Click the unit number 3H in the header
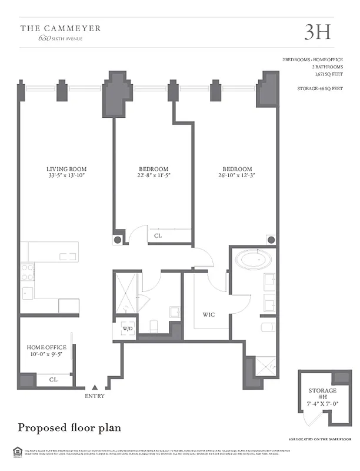(317, 32)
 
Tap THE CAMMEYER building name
(61, 28)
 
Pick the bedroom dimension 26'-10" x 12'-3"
(237, 176)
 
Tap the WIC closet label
(208, 315)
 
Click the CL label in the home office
(53, 380)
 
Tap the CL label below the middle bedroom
(158, 236)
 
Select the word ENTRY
(95, 396)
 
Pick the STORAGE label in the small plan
(322, 391)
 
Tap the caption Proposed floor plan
(70, 427)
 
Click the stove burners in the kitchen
(28, 273)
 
